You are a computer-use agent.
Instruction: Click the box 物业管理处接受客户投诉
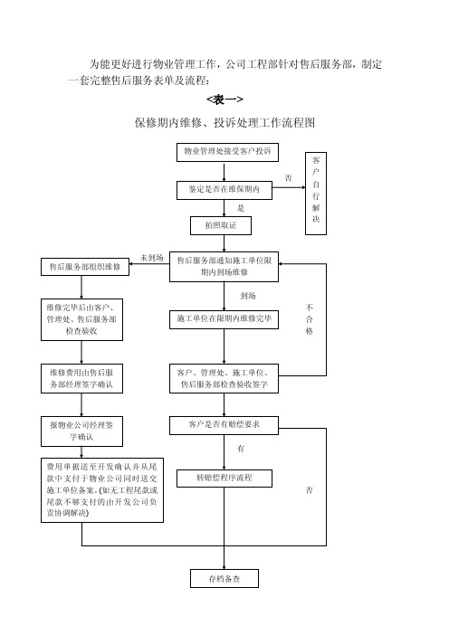pyautogui.click(x=227, y=152)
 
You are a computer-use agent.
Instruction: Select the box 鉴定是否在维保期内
pyautogui.click(x=224, y=190)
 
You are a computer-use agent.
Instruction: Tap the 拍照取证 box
pyautogui.click(x=221, y=225)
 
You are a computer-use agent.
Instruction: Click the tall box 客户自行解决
pyautogui.click(x=316, y=194)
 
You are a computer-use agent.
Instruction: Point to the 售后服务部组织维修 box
pyautogui.click(x=85, y=267)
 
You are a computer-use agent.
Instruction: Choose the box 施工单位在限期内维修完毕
pyautogui.click(x=224, y=319)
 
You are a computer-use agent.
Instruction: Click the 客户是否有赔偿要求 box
pyautogui.click(x=224, y=425)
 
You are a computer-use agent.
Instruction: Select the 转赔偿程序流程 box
pyautogui.click(x=224, y=479)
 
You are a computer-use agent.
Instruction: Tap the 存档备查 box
pyautogui.click(x=224, y=578)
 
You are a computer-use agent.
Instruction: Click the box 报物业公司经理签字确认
pyautogui.click(x=81, y=431)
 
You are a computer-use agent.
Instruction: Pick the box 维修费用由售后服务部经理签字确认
pyautogui.click(x=81, y=378)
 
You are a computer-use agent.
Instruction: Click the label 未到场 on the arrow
pyautogui.click(x=151, y=258)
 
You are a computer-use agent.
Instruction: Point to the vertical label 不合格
pyautogui.click(x=310, y=319)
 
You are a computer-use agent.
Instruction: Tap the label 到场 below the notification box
pyautogui.click(x=248, y=296)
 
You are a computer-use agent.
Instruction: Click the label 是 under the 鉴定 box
pyautogui.click(x=241, y=208)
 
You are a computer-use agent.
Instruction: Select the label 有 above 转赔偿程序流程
pyautogui.click(x=241, y=449)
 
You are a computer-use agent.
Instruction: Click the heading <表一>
pyautogui.click(x=224, y=100)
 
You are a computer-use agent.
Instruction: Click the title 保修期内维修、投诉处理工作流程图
pyautogui.click(x=224, y=123)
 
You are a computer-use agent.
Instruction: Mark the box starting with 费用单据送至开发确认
pyautogui.click(x=102, y=490)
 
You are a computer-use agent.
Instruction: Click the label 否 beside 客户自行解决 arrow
pyautogui.click(x=288, y=178)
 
